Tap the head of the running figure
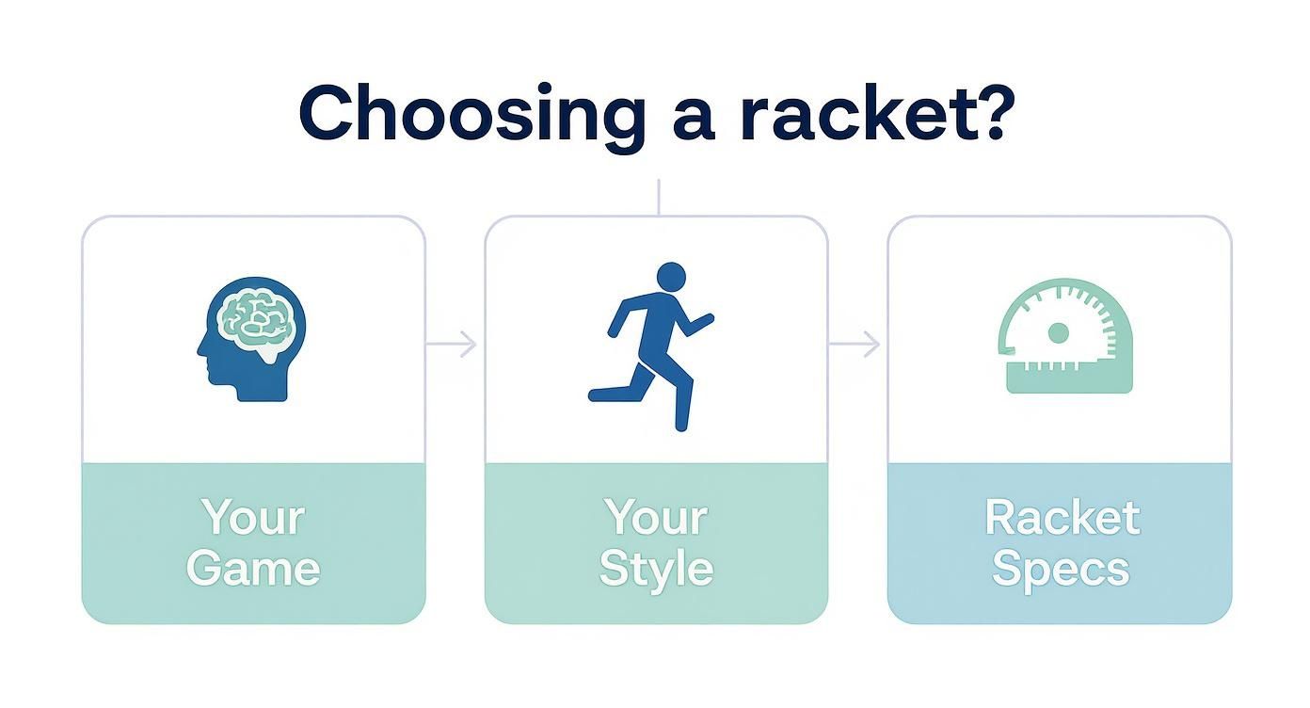[670, 278]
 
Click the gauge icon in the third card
[1063, 335]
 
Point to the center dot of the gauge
[1058, 332]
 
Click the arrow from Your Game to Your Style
[454, 345]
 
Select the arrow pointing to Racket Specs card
[856, 345]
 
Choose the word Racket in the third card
[1062, 518]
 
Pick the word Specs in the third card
[1060, 570]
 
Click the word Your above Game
[252, 518]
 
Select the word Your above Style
[656, 518]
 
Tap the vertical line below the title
[658, 197]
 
